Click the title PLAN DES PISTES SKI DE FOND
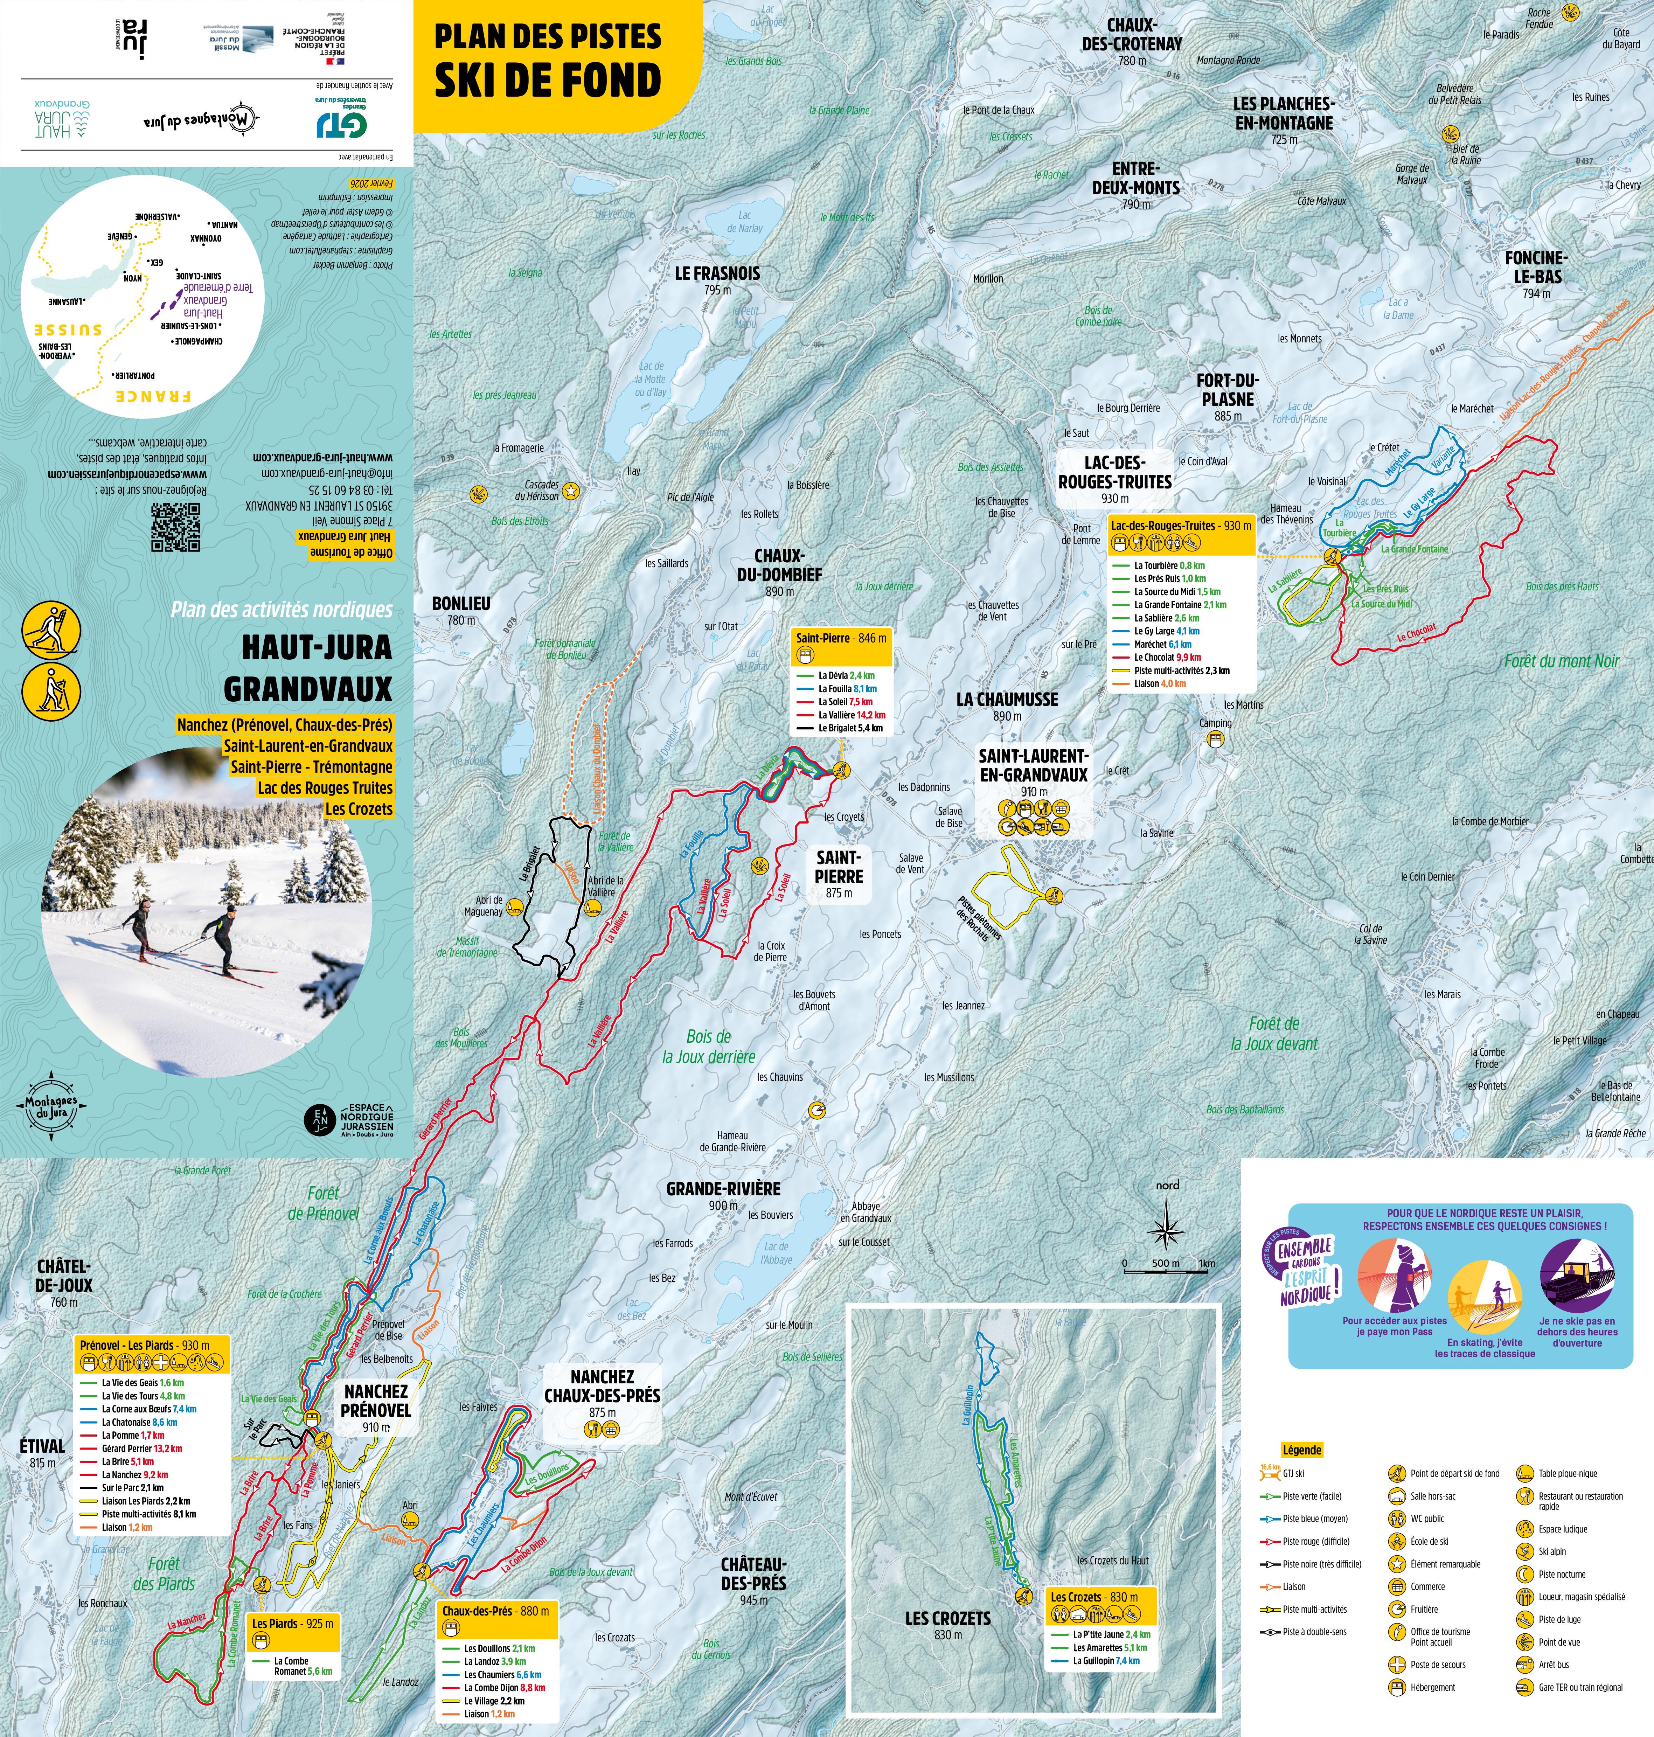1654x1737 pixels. [548, 60]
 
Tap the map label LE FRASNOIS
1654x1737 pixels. [717, 274]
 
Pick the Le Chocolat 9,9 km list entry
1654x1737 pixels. [1166, 657]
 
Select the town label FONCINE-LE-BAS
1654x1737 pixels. [1536, 267]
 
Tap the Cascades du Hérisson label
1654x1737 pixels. [541, 490]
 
